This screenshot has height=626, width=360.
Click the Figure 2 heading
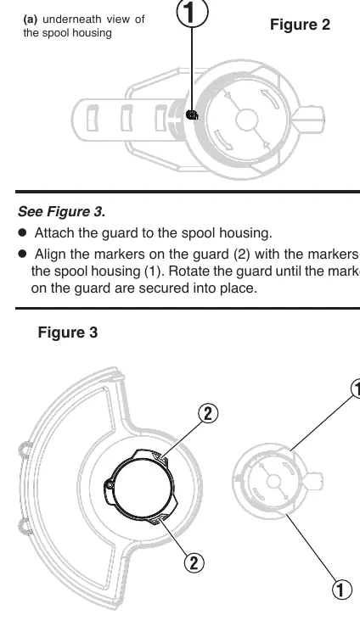click(x=300, y=25)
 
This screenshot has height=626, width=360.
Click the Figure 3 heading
click(x=68, y=333)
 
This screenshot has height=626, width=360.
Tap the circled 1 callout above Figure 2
click(x=192, y=13)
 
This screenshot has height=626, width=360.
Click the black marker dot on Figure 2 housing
click(x=192, y=115)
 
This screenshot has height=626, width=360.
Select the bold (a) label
click(x=31, y=20)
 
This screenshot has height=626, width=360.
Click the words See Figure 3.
click(x=61, y=211)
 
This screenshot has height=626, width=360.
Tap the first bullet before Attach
click(x=22, y=232)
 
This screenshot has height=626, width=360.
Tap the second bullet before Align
click(x=22, y=253)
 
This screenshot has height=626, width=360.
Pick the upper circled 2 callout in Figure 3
click(x=208, y=414)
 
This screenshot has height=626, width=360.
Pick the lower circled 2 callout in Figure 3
click(x=194, y=563)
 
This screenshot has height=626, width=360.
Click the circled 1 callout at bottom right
click(x=341, y=590)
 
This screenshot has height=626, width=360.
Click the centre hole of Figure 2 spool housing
click(x=246, y=120)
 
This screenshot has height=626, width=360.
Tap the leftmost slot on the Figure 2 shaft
click(x=93, y=118)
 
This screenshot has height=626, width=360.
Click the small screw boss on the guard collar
click(x=109, y=484)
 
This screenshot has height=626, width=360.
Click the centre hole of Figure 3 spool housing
click(x=273, y=482)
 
